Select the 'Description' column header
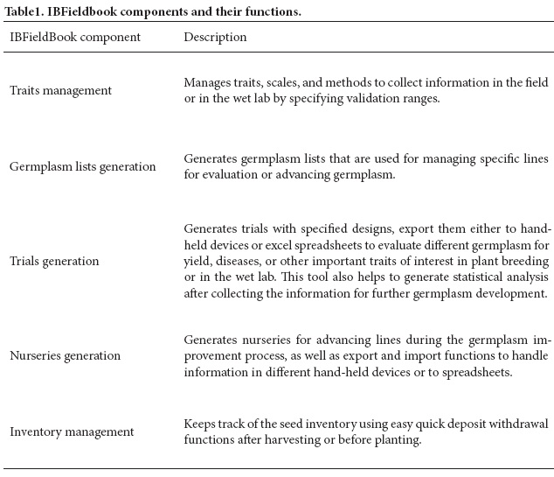(x=215, y=38)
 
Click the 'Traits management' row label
(x=60, y=90)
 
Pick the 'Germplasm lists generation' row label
(x=83, y=166)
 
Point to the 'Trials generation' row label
(x=54, y=261)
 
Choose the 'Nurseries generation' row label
(x=66, y=356)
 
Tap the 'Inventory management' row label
(x=72, y=432)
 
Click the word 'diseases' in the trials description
(x=243, y=261)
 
